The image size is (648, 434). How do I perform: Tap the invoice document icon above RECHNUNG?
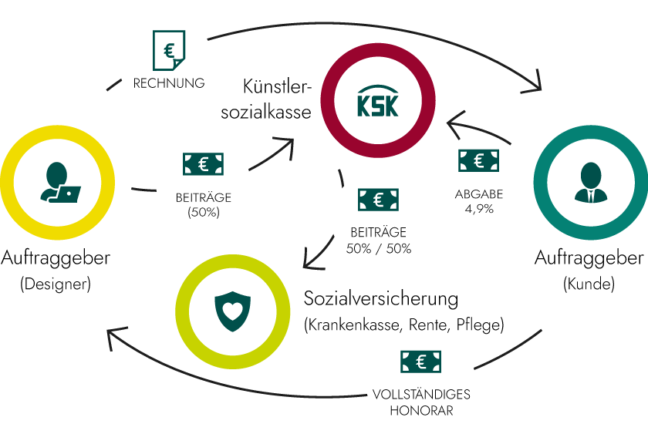(x=169, y=52)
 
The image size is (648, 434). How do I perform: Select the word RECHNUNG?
(x=169, y=82)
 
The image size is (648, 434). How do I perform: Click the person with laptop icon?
(x=59, y=183)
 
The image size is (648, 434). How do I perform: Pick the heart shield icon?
(x=234, y=311)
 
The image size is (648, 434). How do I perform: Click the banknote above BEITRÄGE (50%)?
(x=204, y=163)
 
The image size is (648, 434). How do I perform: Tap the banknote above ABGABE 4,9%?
(x=479, y=160)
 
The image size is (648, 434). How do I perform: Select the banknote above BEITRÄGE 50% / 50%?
(x=379, y=200)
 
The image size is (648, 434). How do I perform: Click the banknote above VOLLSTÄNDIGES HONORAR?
(x=420, y=362)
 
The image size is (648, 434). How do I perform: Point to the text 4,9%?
(x=478, y=209)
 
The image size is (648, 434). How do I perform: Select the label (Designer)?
(x=56, y=284)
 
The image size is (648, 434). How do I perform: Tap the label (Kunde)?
(x=589, y=284)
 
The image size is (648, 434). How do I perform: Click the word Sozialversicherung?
(x=381, y=298)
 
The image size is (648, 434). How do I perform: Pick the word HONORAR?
(x=421, y=410)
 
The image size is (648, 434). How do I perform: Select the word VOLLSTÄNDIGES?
(x=421, y=394)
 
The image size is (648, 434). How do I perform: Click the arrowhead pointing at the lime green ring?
(x=310, y=260)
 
